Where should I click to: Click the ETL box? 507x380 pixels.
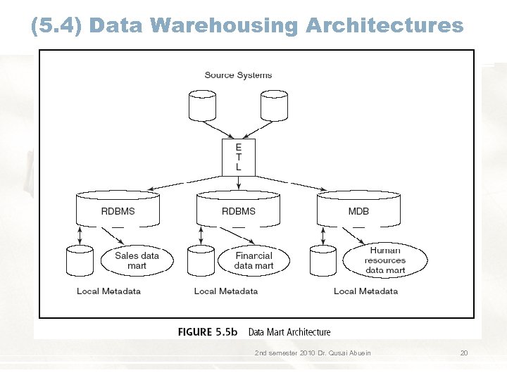click(x=238, y=157)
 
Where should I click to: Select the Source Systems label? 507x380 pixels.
click(x=238, y=75)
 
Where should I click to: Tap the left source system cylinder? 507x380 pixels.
click(x=203, y=105)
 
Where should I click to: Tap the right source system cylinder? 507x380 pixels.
click(x=274, y=105)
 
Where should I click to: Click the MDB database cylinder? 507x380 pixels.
click(x=358, y=208)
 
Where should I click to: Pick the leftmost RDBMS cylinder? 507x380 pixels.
click(x=118, y=208)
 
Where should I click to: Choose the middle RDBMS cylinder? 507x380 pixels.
click(x=238, y=208)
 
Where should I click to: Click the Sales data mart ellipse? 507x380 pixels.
click(x=137, y=260)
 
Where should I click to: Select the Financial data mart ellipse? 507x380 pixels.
click(x=254, y=260)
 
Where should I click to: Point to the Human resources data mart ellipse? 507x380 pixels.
click(x=385, y=260)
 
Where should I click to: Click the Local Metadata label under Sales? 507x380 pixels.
click(x=108, y=291)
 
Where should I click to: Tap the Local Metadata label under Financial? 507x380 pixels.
click(x=225, y=291)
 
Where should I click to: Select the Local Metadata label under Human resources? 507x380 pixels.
click(x=365, y=291)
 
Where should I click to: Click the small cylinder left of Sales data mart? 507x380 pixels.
click(x=80, y=261)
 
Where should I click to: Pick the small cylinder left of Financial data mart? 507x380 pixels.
click(x=201, y=261)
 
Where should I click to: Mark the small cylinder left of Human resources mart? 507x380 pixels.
click(x=323, y=261)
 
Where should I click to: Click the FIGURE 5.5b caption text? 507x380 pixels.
click(x=208, y=332)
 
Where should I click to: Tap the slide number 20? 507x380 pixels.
click(x=463, y=353)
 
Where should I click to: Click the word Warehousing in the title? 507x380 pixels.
click(x=225, y=26)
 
